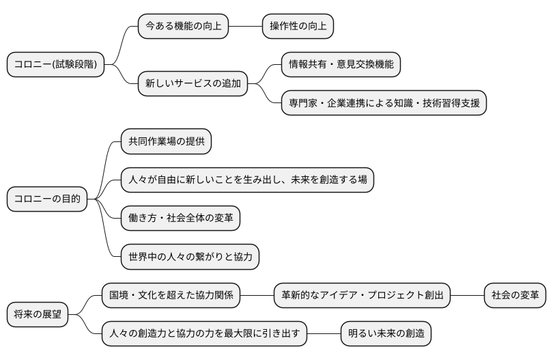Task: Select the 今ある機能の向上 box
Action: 184,27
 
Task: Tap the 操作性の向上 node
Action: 298,27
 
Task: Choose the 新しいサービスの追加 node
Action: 193,84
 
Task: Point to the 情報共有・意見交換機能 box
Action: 341,65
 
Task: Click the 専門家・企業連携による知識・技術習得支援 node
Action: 384,103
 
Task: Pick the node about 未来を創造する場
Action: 248,180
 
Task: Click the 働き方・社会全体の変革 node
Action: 180,218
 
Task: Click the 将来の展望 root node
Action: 38,314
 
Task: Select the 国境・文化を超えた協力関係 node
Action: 171,295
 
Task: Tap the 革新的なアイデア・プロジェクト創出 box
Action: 363,295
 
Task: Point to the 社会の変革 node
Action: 515,295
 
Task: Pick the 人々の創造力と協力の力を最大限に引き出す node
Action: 205,333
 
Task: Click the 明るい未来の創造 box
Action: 386,333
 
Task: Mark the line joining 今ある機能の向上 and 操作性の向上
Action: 246,27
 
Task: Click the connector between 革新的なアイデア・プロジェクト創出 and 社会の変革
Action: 468,295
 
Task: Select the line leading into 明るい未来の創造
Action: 324,333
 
